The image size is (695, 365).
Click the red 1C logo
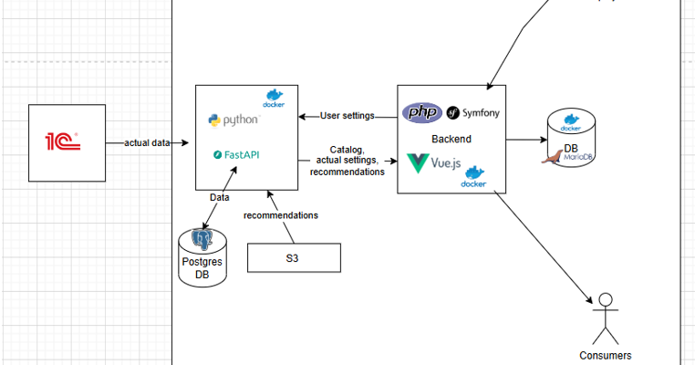point(63,141)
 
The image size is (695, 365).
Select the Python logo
point(233,120)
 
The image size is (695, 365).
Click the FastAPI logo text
point(236,155)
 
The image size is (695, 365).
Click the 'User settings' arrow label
point(347,116)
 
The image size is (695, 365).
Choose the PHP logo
point(422,113)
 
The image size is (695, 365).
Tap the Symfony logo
point(472,114)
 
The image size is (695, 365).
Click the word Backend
point(451,139)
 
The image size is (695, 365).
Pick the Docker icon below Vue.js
point(473,177)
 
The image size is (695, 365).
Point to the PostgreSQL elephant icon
point(202,241)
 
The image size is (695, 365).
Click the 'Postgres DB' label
point(202,268)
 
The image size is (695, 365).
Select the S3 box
point(293,258)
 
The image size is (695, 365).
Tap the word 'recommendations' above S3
point(281,215)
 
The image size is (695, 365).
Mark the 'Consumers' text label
point(606,356)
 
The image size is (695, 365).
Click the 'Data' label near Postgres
point(220,196)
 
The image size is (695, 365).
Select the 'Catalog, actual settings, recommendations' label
point(347,161)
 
